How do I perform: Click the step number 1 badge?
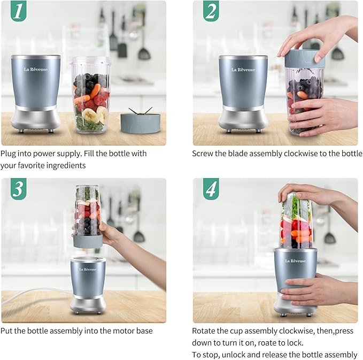click(18, 12)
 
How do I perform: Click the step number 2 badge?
click(211, 12)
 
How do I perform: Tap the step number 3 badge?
click(18, 189)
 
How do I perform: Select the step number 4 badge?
click(211, 189)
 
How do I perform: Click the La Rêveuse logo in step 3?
click(88, 269)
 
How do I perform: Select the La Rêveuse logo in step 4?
click(295, 261)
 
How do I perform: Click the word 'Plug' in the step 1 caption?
click(9, 154)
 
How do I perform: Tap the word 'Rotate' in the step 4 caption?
click(204, 331)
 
